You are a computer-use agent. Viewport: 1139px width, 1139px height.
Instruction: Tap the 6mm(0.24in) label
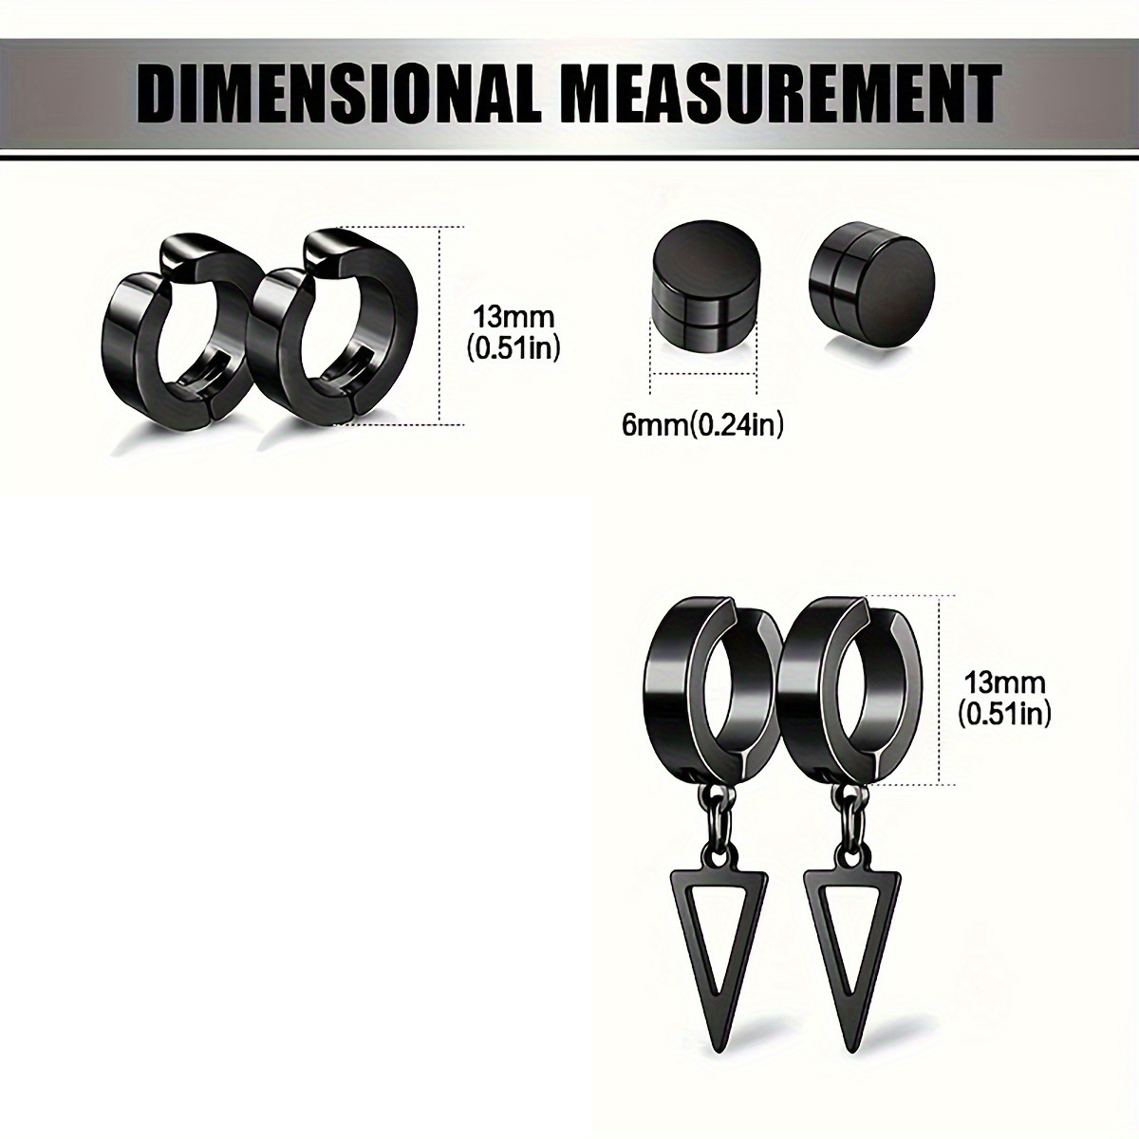pos(702,424)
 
